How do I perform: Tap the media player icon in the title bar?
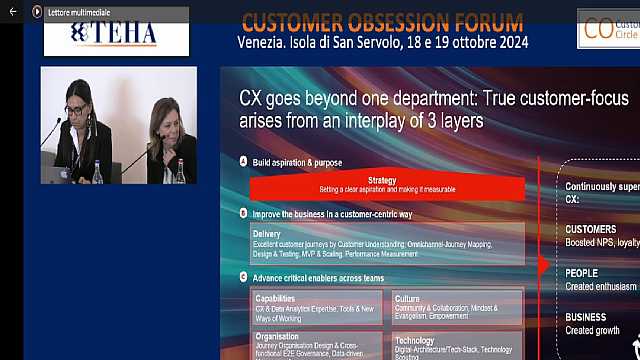coord(37,11)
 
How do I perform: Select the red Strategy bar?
coord(388,185)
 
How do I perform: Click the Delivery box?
coord(388,243)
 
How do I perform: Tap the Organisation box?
coord(317,345)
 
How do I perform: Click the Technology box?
coord(456,346)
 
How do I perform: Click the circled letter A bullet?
coord(244,161)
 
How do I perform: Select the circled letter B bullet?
coord(244,213)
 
